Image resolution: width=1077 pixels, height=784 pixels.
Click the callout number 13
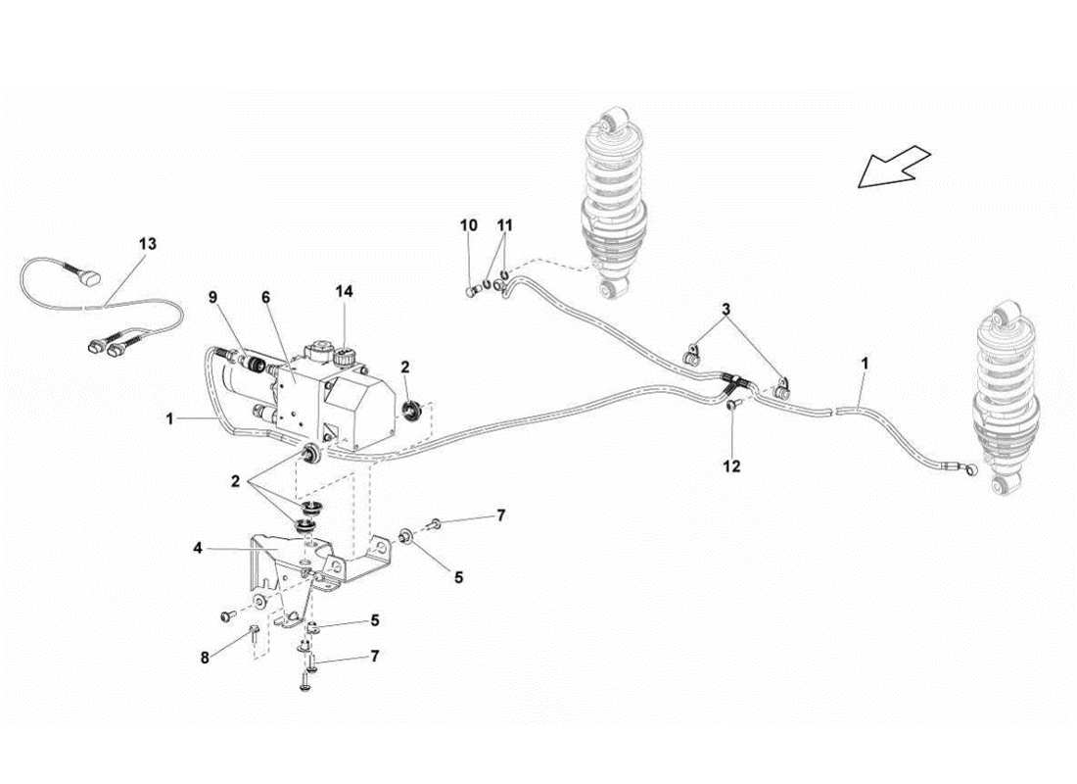(x=147, y=243)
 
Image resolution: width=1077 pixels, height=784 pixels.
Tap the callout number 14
(x=346, y=291)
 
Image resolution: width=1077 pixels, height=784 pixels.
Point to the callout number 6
(x=266, y=297)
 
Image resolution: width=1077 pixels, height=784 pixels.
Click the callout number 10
(x=469, y=225)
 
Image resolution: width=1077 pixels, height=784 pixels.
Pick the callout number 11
(x=504, y=225)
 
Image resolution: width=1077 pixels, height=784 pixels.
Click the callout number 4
(x=199, y=550)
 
